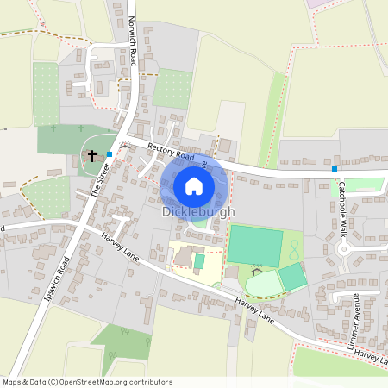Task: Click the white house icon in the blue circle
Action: click(194, 185)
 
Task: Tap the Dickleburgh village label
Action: click(198, 211)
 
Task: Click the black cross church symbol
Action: click(92, 157)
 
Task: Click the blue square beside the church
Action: click(110, 153)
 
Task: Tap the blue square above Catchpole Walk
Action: click(335, 169)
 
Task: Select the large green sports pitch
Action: click(254, 246)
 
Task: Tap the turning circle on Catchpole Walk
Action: click(346, 249)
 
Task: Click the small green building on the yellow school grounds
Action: click(199, 260)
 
